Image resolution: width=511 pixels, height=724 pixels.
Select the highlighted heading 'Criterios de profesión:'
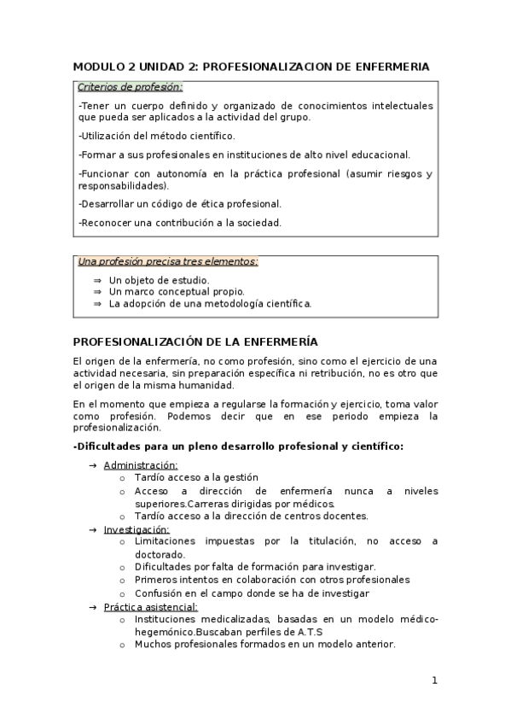coord(130,87)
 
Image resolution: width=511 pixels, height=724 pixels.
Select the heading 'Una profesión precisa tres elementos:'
coord(167,261)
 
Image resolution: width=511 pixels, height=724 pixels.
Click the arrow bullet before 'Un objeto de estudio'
coord(97,280)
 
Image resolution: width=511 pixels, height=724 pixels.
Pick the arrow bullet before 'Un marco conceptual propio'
coord(97,292)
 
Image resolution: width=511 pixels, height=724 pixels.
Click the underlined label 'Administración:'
coord(141,465)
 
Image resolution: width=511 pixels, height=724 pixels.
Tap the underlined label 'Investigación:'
coord(136,529)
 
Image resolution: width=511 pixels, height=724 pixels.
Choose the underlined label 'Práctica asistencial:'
coord(150,607)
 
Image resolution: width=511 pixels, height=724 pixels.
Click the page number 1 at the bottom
coord(434,680)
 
